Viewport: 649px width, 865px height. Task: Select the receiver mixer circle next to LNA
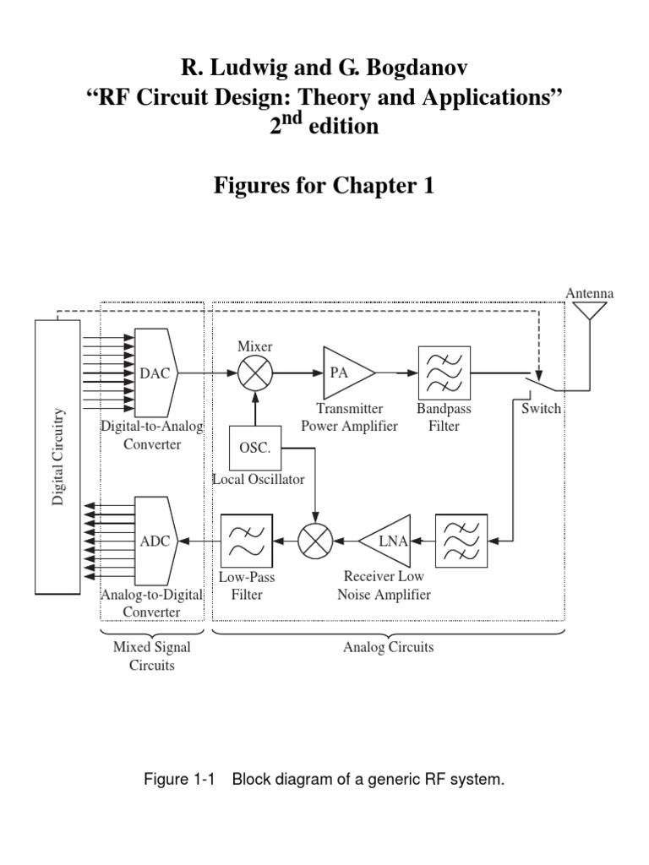pyautogui.click(x=316, y=541)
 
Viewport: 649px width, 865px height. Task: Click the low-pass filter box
pyautogui.click(x=246, y=541)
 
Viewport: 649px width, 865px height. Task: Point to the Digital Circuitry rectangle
pyautogui.click(x=57, y=456)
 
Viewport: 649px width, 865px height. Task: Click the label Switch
pyautogui.click(x=541, y=408)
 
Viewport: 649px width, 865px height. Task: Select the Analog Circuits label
pyautogui.click(x=389, y=648)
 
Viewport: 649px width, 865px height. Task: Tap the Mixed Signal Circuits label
pyautogui.click(x=152, y=656)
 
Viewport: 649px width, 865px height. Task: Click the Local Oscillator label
pyautogui.click(x=259, y=480)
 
